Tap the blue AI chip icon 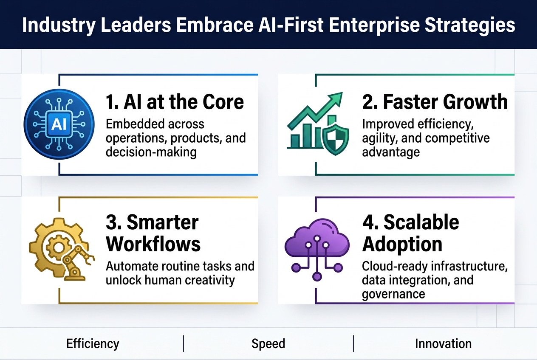tap(59, 124)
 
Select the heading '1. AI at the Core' tap(175, 102)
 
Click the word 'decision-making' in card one tap(151, 152)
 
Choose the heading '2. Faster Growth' tap(435, 102)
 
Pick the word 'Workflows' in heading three tap(153, 244)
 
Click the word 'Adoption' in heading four tap(402, 244)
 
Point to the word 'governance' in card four tap(393, 294)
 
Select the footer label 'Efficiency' tap(93, 343)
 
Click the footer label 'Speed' tap(268, 343)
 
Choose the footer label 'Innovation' tap(443, 343)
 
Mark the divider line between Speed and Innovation tap(353, 343)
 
